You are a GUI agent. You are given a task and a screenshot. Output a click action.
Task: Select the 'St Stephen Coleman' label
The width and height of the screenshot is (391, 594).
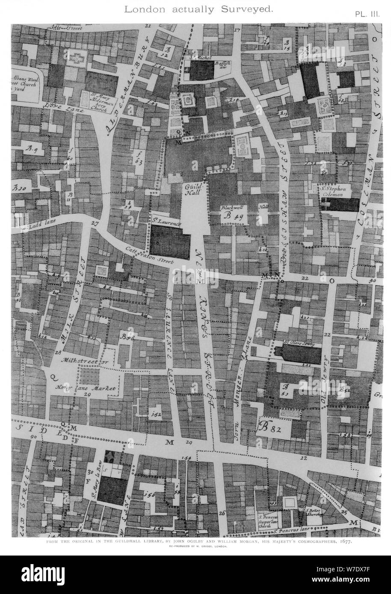(340, 191)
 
